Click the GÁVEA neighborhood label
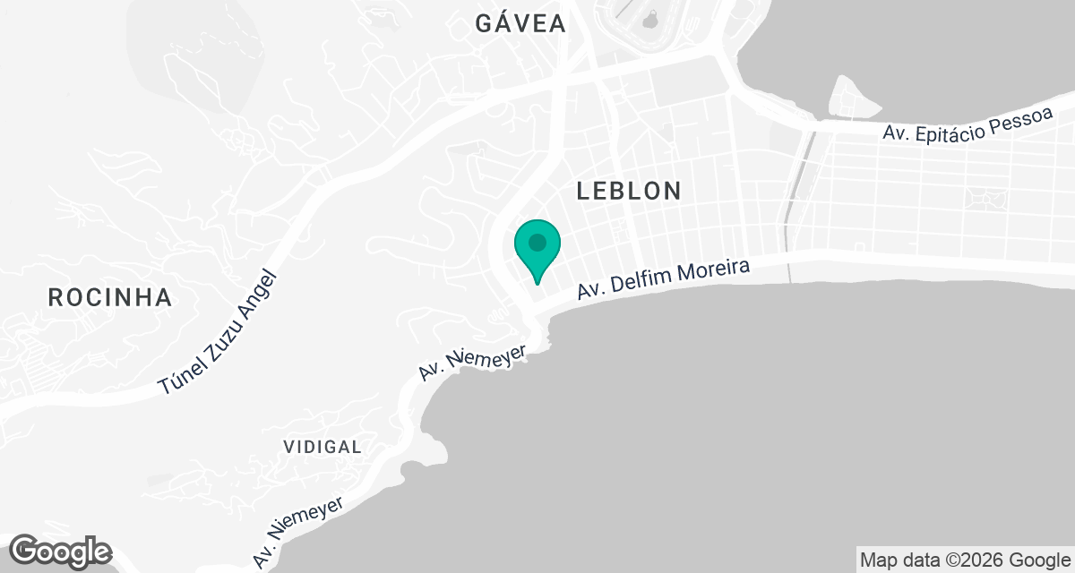point(520,24)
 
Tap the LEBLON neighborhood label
point(629,190)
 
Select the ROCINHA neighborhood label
point(110,297)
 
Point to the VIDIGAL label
point(322,447)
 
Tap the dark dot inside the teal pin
point(537,242)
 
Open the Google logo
point(61,551)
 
